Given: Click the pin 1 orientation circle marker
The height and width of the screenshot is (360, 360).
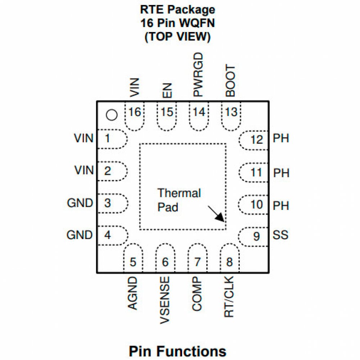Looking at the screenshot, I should click(112, 115).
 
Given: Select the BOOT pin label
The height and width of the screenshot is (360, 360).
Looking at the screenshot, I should click(230, 81).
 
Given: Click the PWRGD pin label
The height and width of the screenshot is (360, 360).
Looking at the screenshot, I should click(198, 75).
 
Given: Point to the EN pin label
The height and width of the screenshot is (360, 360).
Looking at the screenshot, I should click(167, 90).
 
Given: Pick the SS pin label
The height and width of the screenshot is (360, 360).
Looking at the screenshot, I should click(280, 236).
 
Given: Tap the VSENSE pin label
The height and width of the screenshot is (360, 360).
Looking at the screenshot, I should click(165, 300).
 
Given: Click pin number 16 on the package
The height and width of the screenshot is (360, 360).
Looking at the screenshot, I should click(134, 113).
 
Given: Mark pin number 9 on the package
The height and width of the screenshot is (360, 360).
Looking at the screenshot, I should click(256, 237).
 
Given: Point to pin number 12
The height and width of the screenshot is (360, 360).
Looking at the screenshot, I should click(257, 140).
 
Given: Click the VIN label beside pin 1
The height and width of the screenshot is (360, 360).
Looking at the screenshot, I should click(84, 138).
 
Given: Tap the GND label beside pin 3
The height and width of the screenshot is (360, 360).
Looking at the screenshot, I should click(80, 203).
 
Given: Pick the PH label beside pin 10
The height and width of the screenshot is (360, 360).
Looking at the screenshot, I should click(281, 206).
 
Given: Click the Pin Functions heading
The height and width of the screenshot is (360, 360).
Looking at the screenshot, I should click(177, 351).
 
